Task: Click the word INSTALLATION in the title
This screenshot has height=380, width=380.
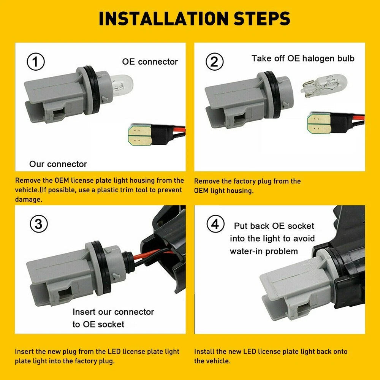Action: pos(163,19)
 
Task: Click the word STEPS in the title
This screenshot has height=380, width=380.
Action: pos(262,19)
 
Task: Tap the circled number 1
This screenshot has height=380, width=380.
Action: pos(36,62)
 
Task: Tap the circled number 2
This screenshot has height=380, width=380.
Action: pos(214,62)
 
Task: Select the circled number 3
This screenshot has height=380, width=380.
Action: pos(39,224)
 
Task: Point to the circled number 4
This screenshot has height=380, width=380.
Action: pos(215,224)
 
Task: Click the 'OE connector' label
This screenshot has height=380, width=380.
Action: pos(150,62)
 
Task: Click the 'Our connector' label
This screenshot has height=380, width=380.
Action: pos(58,164)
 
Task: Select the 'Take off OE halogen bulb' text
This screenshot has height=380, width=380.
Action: pos(303,59)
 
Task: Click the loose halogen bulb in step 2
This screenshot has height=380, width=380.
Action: pos(324,85)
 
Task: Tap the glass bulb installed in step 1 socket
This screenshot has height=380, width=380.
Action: pos(122,85)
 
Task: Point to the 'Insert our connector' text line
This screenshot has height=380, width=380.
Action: pos(113,312)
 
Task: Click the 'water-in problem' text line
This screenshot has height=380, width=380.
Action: pos(264,251)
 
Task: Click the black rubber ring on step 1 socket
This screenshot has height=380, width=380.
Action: pos(92,90)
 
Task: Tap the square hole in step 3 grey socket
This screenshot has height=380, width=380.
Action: pos(65,293)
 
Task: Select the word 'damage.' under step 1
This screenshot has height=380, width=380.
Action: pos(28,199)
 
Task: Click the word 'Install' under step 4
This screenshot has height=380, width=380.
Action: pos(204,351)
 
